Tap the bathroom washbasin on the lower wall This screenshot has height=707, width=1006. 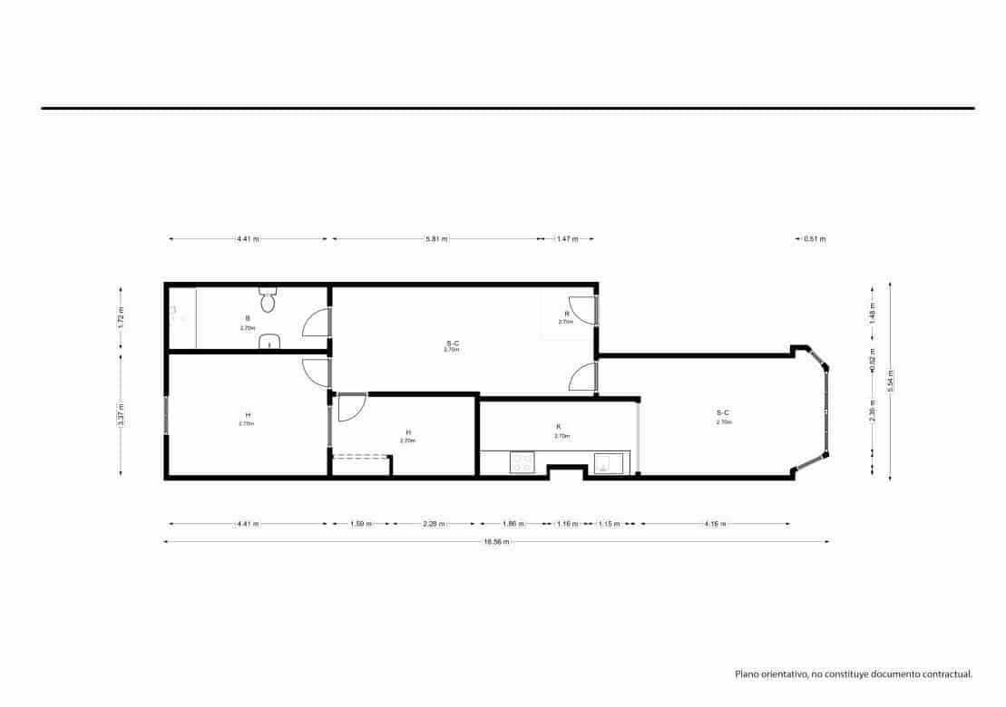click(x=269, y=342)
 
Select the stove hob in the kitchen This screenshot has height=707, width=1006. click(x=522, y=463)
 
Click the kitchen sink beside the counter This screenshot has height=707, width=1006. click(x=607, y=463)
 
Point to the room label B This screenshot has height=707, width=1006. click(x=248, y=318)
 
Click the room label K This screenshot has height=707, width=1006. click(x=559, y=426)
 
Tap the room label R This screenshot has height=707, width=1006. click(x=567, y=314)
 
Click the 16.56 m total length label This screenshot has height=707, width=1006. click(x=496, y=542)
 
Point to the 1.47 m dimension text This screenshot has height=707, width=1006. click(x=567, y=239)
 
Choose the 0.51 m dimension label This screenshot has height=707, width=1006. click(x=815, y=239)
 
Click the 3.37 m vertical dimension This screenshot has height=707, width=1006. click(x=121, y=414)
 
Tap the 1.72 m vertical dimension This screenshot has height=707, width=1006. click(x=121, y=315)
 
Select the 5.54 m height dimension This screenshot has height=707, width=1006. click(x=891, y=380)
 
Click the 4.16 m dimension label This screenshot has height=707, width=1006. click(x=714, y=524)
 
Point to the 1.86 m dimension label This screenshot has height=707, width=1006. click(x=513, y=524)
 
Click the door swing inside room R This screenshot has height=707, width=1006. click(x=581, y=310)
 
